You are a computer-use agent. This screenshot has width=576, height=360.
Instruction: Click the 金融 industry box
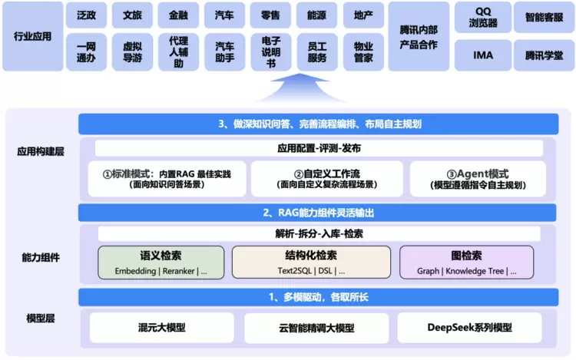point(178,15)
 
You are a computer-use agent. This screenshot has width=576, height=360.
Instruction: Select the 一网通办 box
point(86,51)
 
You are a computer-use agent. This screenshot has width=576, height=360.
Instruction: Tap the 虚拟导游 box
point(132,51)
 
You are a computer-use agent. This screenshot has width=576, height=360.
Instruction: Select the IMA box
point(482,55)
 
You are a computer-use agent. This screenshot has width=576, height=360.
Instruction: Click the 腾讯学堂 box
point(544,55)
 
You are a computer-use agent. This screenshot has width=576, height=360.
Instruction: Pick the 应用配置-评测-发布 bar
point(319,148)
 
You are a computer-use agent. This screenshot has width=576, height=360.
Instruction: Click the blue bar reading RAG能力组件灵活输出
point(319,213)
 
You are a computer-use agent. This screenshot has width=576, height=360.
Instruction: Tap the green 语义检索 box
point(161,263)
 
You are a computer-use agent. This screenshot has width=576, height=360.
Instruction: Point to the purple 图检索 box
point(467,263)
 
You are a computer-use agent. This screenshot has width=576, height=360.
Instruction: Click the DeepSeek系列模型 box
point(469,328)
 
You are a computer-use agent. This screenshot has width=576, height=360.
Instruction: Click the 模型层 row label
point(43,318)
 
